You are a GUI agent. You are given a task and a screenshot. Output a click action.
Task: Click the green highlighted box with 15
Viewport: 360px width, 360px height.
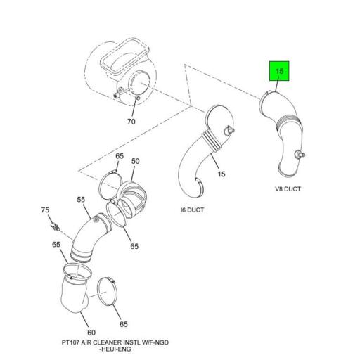279,71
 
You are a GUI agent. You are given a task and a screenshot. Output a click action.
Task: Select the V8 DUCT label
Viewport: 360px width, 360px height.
288,189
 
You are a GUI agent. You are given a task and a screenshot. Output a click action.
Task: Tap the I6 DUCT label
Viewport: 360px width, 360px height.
192,210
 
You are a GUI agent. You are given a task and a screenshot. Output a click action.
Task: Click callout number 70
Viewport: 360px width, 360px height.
131,122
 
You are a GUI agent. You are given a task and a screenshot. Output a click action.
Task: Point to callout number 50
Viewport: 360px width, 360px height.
135,161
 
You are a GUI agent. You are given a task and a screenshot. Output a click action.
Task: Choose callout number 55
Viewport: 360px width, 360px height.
81,200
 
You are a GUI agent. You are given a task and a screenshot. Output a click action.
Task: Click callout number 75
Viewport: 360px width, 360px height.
45,210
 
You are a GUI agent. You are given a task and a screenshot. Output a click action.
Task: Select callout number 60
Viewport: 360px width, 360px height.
91,333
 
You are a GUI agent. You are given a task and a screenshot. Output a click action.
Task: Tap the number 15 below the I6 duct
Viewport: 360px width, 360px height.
221,174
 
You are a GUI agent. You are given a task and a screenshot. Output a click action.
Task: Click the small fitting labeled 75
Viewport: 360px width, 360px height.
55,226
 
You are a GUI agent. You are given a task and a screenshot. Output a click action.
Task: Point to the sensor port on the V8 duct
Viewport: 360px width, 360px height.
300,155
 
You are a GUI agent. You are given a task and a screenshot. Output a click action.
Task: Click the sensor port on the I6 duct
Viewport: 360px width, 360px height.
229,130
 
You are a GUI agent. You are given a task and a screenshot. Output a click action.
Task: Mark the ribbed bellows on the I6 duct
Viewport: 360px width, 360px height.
212,141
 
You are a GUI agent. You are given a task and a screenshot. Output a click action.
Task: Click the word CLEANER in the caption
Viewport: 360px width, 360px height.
109,342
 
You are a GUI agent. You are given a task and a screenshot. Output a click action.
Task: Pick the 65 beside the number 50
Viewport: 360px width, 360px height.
120,156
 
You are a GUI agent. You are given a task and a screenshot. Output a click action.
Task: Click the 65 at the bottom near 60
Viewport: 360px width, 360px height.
124,324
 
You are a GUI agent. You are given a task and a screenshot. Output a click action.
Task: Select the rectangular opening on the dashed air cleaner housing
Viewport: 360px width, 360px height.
124,56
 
